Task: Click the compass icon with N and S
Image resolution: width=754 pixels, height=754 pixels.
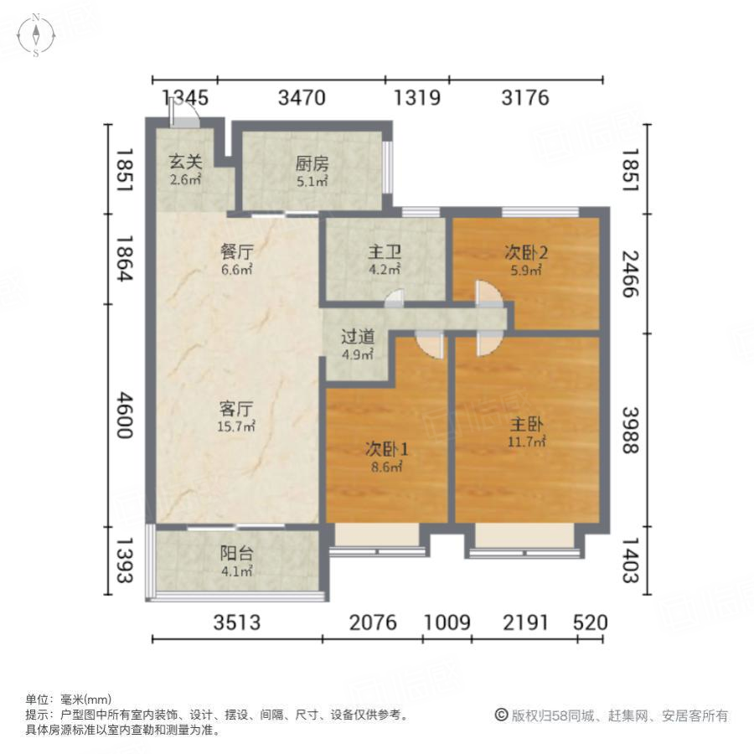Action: click(x=37, y=35)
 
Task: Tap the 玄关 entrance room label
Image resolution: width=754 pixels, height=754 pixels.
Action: click(x=185, y=162)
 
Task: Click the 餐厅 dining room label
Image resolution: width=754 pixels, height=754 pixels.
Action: click(x=237, y=251)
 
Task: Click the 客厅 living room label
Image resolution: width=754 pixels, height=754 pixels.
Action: click(x=236, y=409)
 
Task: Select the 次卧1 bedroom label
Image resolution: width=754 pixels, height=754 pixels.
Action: click(x=385, y=448)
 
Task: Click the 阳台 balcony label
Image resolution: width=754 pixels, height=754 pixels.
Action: click(x=236, y=554)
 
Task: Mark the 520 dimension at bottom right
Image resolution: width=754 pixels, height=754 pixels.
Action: click(x=590, y=622)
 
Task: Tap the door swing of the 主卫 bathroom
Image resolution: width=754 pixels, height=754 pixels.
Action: click(x=395, y=297)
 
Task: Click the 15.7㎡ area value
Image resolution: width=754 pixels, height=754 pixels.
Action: click(x=236, y=426)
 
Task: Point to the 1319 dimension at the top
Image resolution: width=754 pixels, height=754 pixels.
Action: click(x=417, y=98)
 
